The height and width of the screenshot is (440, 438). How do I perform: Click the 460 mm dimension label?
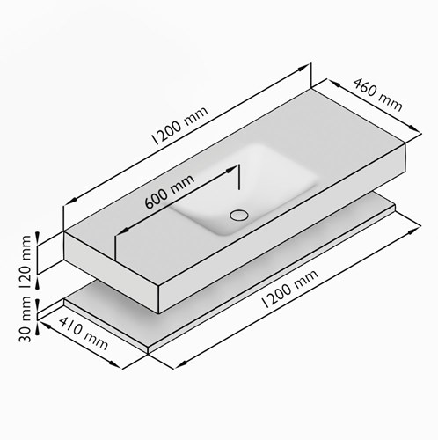[x=377, y=95]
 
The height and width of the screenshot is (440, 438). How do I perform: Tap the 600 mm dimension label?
[x=170, y=192]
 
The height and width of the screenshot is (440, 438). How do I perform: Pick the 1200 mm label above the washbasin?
[x=179, y=125]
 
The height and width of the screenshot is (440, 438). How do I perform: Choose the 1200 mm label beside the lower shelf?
[x=289, y=289]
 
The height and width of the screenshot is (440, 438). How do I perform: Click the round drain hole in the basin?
[x=239, y=215]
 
